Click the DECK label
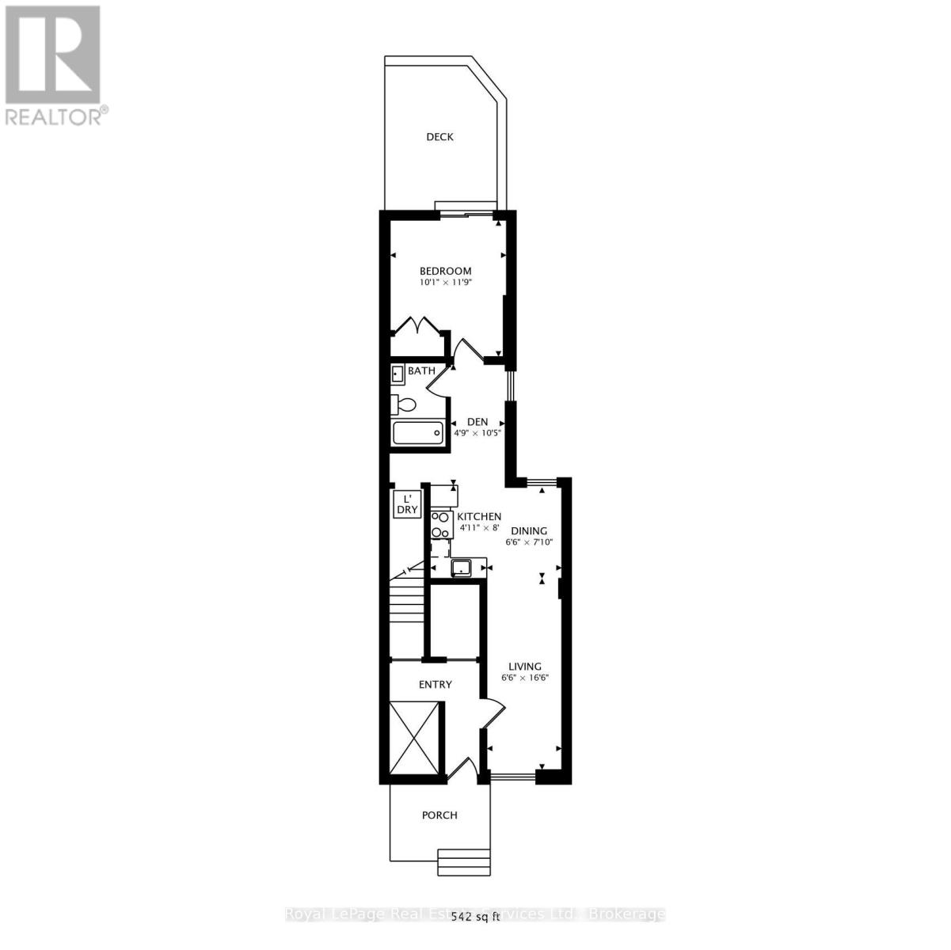[439, 137]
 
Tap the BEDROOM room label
[445, 271]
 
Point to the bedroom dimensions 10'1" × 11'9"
[445, 282]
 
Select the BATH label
[421, 370]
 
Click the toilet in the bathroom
[404, 405]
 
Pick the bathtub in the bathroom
[418, 434]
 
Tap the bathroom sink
[398, 374]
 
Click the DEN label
[477, 422]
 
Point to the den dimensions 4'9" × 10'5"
[477, 433]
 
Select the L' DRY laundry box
[407, 504]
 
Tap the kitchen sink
[460, 568]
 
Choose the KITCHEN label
[479, 516]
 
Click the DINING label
[529, 531]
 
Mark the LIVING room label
[525, 667]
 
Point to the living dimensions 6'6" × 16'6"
[525, 678]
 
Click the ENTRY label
[435, 685]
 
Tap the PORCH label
[439, 815]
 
